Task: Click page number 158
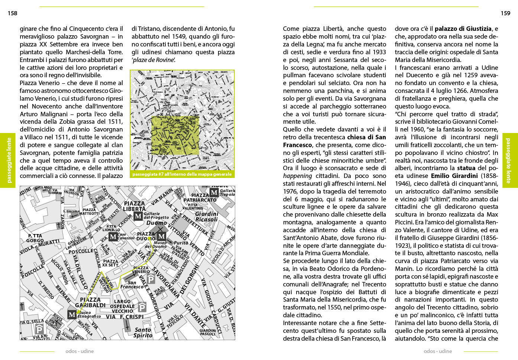point(12,13)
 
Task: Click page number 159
point(505,13)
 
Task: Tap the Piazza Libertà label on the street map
point(135,206)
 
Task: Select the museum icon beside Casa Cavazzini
point(113,237)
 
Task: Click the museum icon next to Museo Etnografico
point(72,315)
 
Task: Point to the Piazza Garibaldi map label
point(90,302)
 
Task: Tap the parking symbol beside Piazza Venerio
point(151,279)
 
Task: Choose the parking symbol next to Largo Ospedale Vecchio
point(142,307)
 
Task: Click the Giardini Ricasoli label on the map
point(207,217)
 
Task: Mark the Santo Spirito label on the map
point(143,333)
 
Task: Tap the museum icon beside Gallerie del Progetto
point(138,216)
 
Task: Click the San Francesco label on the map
point(132,285)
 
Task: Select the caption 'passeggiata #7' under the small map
point(182,174)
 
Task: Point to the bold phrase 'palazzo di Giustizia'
point(463,29)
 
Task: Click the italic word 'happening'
point(297,176)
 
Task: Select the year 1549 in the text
point(181,36)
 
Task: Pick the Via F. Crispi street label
point(124,317)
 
